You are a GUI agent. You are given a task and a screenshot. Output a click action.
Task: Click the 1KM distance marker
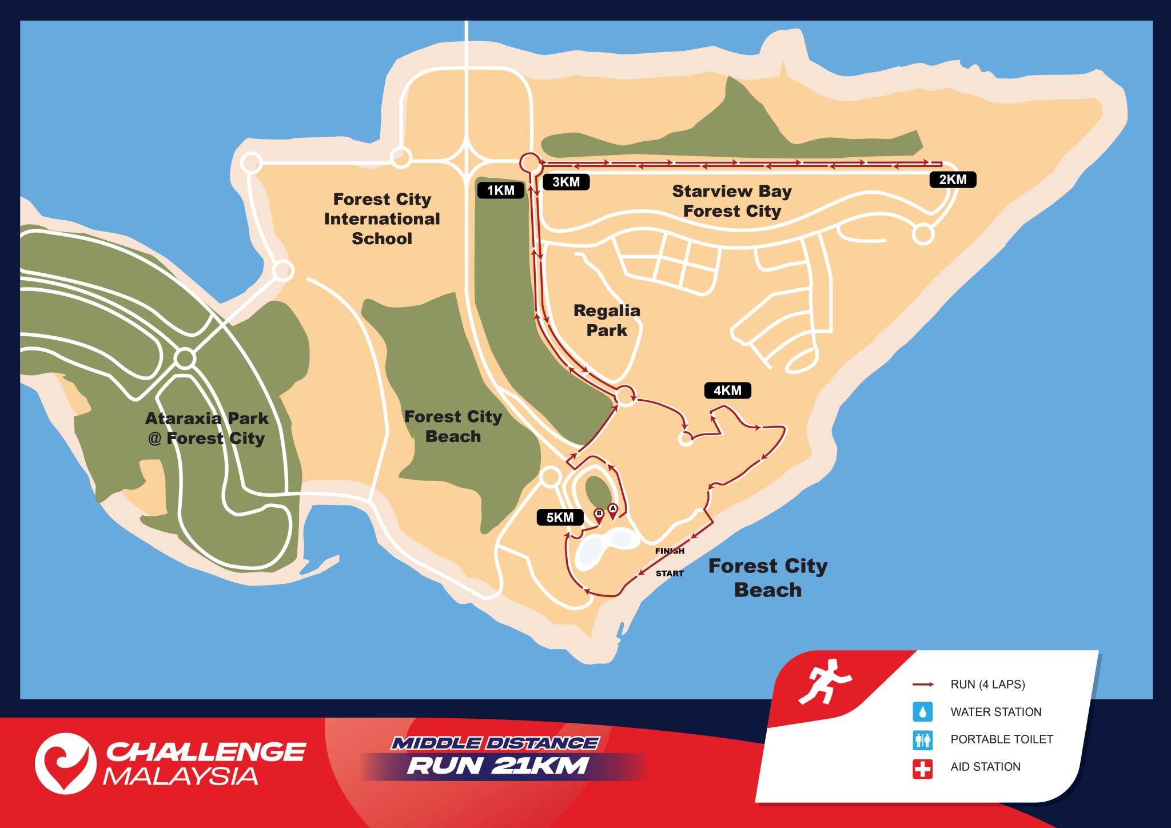pyautogui.click(x=500, y=190)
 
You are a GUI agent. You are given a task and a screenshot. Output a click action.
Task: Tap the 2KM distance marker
pyautogui.click(x=953, y=180)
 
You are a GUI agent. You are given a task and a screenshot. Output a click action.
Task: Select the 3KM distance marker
pyautogui.click(x=565, y=182)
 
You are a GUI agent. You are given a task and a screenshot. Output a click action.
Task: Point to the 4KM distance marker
pyautogui.click(x=727, y=391)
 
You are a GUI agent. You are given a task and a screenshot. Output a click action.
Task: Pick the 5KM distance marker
pyautogui.click(x=560, y=517)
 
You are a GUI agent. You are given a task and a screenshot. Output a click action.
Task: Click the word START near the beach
pyautogui.click(x=670, y=573)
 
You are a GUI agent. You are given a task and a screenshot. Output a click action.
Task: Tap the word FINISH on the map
pyautogui.click(x=670, y=551)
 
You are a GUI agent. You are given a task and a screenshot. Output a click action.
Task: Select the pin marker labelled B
pyautogui.click(x=599, y=515)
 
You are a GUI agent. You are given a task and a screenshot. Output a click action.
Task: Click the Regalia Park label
pyautogui.click(x=607, y=320)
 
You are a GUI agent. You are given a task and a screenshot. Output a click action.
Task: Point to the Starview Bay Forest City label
pyautogui.click(x=732, y=201)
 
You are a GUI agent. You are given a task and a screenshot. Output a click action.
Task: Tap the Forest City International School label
pyautogui.click(x=382, y=219)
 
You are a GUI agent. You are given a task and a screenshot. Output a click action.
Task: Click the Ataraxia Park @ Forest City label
pyautogui.click(x=206, y=428)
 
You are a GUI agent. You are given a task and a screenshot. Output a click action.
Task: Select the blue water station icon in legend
pyautogui.click(x=922, y=712)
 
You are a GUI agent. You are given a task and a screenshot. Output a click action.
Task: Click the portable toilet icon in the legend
pyautogui.click(x=922, y=740)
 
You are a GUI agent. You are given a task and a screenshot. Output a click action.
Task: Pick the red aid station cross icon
pyautogui.click(x=922, y=768)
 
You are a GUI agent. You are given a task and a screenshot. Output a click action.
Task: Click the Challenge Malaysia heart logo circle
pyautogui.click(x=65, y=763)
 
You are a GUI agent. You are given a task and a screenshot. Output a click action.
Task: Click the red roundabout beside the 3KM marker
pyautogui.click(x=530, y=162)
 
